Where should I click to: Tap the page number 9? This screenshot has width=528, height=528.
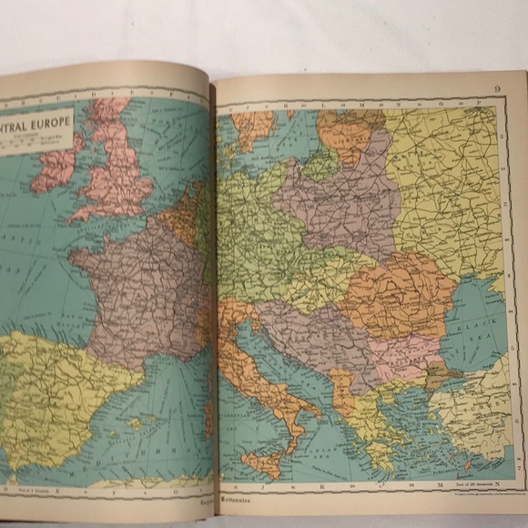pyautogui.click(x=498, y=88)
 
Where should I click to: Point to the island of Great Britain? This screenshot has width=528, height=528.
pyautogui.click(x=118, y=173)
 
